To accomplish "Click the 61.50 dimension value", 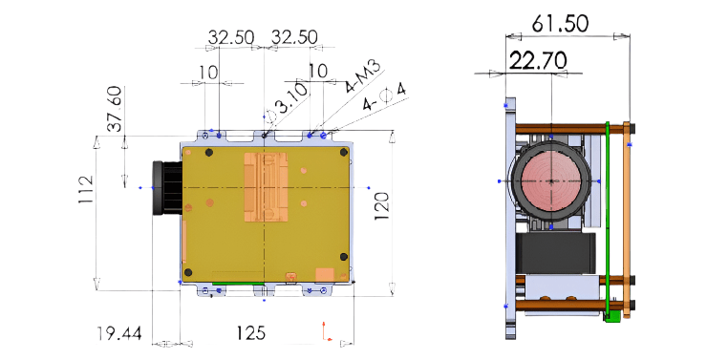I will tap(562, 23).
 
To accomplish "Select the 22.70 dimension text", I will tap(538, 61).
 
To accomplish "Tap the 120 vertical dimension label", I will tap(381, 206).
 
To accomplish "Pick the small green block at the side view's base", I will tap(611, 314).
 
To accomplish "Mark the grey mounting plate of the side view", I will tap(509, 220).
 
